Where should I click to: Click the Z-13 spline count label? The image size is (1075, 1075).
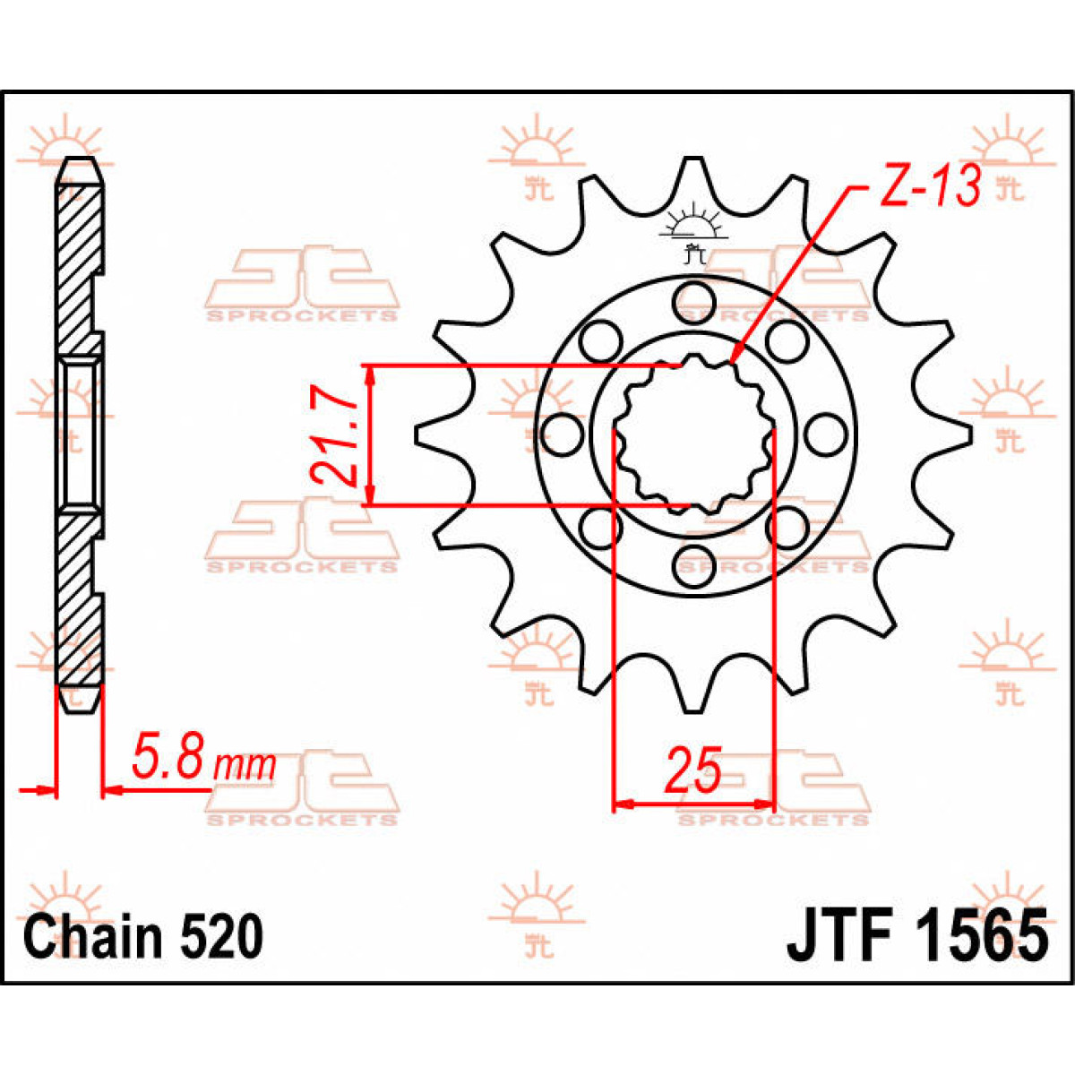click(x=926, y=186)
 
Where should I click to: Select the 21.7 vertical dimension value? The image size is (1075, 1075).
click(x=332, y=435)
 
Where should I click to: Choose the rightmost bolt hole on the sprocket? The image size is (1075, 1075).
click(x=821, y=435)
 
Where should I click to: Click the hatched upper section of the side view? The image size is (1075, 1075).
click(x=80, y=260)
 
